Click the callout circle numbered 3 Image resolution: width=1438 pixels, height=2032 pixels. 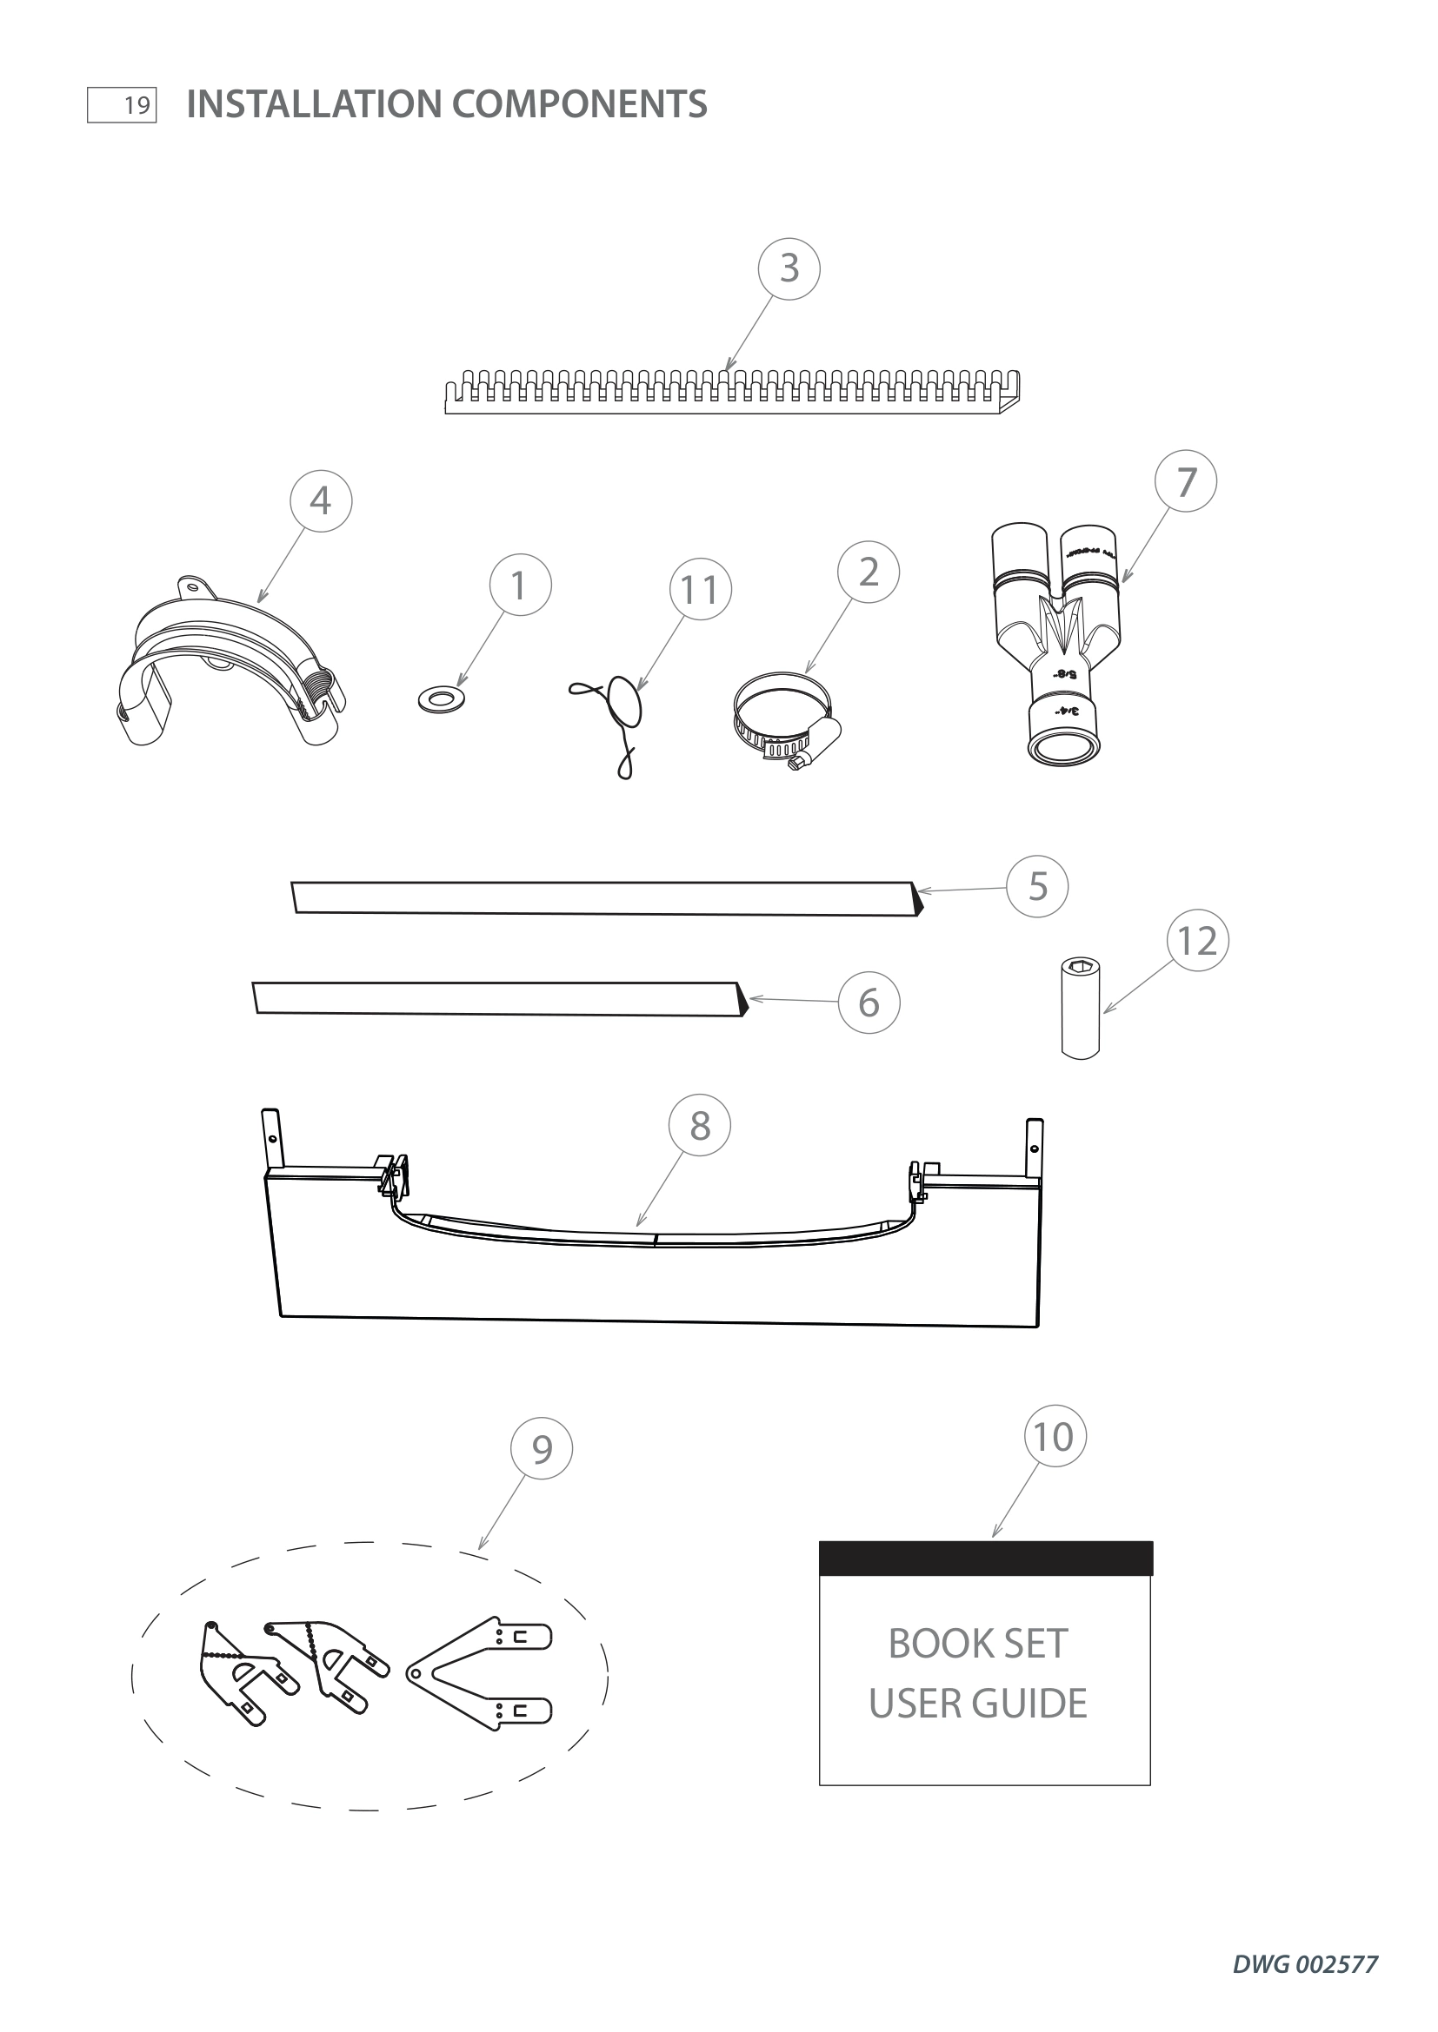[x=789, y=268]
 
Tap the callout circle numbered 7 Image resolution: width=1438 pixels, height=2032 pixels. [x=1186, y=481]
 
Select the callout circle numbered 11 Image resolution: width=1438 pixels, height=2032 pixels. [x=701, y=589]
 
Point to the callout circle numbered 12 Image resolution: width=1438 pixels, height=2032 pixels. [x=1197, y=941]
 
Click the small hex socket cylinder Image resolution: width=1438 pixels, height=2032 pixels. [x=1081, y=1008]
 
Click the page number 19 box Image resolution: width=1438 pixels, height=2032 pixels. [x=123, y=105]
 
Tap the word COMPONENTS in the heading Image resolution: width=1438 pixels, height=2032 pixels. [x=579, y=104]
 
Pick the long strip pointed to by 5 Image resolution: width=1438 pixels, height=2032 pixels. [x=606, y=897]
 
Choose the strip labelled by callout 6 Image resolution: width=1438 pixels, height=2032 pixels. [x=498, y=997]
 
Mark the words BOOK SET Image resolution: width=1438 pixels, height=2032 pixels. [x=977, y=1644]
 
